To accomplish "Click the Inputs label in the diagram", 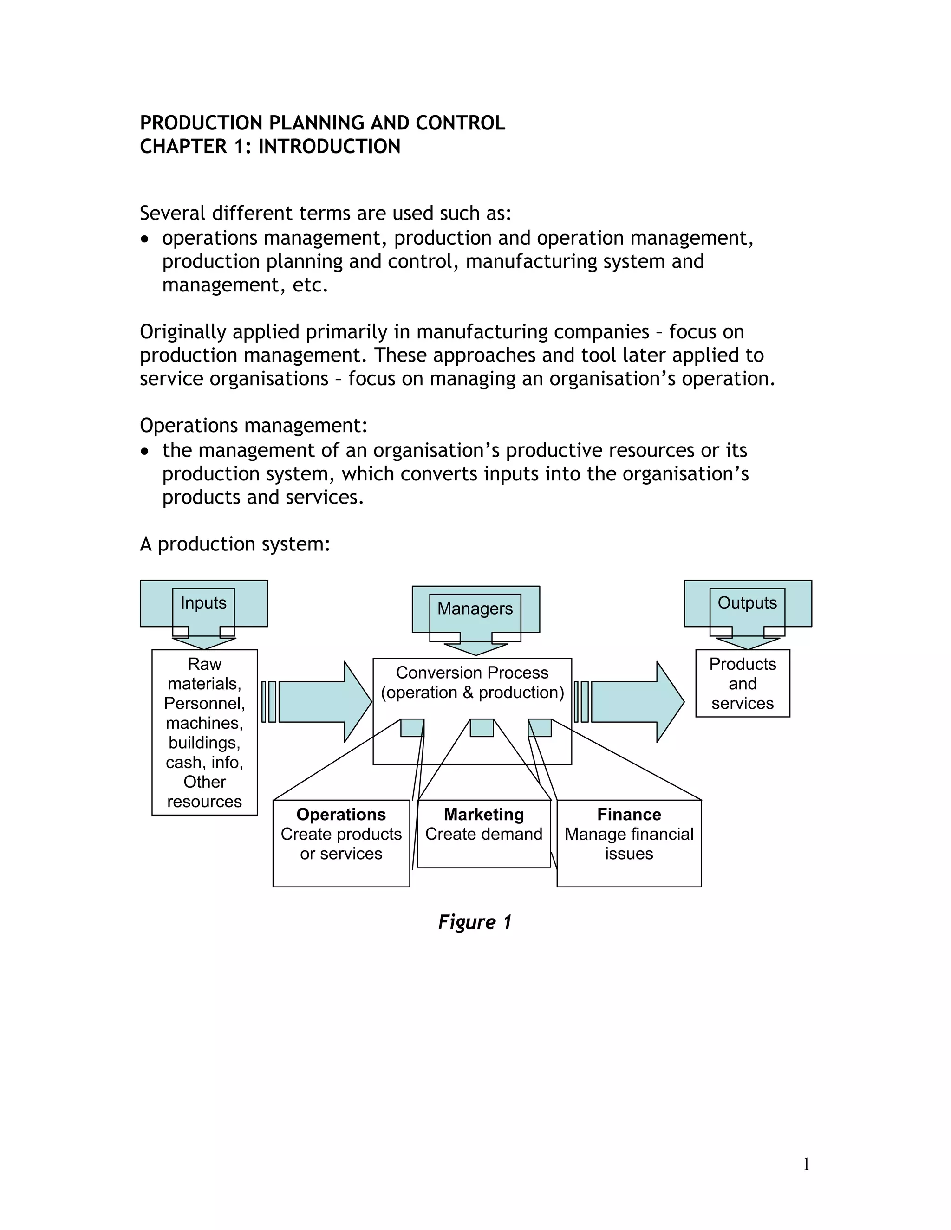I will coord(203,603).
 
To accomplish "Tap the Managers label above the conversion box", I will coord(475,609).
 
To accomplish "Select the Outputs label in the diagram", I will coord(747,603).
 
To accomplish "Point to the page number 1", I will coord(806,1164).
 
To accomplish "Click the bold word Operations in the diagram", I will coord(341,815).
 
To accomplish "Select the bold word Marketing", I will coord(484,815).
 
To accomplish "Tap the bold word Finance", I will coord(629,815).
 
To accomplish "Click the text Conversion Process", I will coord(472,673).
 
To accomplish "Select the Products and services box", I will coord(743,684).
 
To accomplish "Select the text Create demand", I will coord(484,835).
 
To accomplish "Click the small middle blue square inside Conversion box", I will coord(482,728).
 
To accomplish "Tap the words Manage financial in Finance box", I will coord(629,835).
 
